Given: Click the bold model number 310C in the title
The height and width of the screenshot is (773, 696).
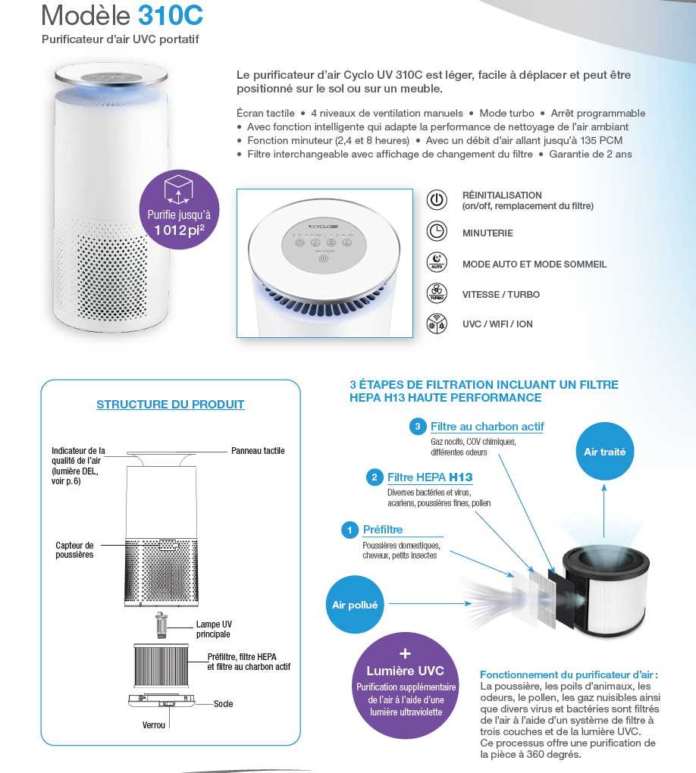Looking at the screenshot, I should click(x=171, y=15).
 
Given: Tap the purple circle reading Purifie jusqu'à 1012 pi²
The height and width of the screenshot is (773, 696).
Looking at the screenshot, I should click(x=178, y=208).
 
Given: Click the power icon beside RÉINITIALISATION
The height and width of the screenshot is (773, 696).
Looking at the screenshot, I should click(x=437, y=200).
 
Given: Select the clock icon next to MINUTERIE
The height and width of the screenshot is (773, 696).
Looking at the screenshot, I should click(x=437, y=232).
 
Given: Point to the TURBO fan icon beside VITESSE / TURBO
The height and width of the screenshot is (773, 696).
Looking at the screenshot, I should click(x=437, y=293).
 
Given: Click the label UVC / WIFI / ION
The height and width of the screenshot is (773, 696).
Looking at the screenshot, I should click(x=497, y=324).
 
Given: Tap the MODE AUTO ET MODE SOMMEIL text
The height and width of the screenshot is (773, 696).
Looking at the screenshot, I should click(x=535, y=264).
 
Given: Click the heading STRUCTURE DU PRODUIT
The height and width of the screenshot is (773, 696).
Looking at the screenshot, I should click(x=171, y=405).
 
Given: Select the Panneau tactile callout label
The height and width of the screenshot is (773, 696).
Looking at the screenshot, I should click(x=258, y=451).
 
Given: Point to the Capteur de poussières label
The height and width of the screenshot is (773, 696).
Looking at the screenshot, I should click(x=74, y=549).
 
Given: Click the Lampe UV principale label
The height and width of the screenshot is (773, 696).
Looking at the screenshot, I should click(x=214, y=629).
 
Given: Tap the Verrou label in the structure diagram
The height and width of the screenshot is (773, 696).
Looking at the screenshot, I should click(x=154, y=725).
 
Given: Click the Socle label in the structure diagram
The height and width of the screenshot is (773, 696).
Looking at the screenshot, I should click(x=224, y=704).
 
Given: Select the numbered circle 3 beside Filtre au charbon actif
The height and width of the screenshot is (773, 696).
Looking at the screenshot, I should click(x=417, y=427).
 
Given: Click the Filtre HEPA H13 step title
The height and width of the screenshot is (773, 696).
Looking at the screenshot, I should click(x=430, y=477).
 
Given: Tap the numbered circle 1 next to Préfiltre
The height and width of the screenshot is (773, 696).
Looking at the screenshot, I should click(x=349, y=530).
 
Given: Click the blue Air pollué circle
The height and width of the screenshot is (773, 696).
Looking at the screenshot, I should click(x=355, y=605).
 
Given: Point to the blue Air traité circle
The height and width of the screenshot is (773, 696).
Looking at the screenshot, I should click(x=604, y=452).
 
